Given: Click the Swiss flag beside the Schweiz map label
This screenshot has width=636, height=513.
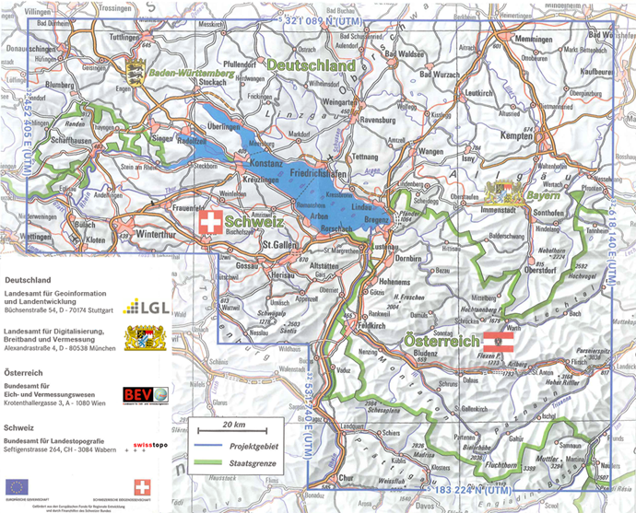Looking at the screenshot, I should pyautogui.click(x=211, y=223).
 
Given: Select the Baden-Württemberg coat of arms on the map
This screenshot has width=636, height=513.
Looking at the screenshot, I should pyautogui.click(x=136, y=68).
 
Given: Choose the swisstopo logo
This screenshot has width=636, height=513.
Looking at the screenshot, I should pyautogui.click(x=143, y=445).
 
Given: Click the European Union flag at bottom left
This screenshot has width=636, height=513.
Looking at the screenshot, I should pyautogui.click(x=17, y=485).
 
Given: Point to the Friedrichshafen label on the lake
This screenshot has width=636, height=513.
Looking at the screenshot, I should pyautogui.click(x=318, y=172).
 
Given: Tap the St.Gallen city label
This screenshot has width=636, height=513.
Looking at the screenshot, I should pyautogui.click(x=277, y=245).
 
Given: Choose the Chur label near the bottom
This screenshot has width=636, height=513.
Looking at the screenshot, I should pyautogui.click(x=346, y=478).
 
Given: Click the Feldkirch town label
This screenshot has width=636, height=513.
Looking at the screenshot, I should pyautogui.click(x=372, y=325).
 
